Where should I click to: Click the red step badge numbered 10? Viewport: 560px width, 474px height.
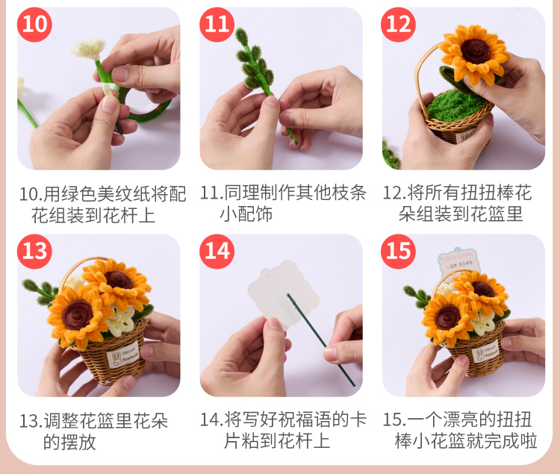tap(34, 25)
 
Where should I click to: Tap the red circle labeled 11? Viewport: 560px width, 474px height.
tap(217, 25)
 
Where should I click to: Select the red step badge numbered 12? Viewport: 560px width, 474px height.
tap(398, 25)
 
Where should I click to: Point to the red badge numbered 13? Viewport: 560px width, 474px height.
tap(34, 252)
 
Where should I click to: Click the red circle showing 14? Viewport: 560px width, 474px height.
tap(217, 252)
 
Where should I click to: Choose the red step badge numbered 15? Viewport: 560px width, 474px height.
tap(398, 252)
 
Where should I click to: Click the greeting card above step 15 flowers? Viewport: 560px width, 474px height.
tap(458, 261)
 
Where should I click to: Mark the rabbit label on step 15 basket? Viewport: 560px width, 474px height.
tap(485, 352)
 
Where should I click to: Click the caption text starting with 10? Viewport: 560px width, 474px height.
tap(102, 205)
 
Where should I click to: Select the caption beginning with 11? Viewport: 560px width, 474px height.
tap(283, 204)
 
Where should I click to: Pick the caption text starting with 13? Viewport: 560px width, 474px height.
tap(93, 431)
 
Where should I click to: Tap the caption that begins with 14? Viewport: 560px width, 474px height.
tap(283, 430)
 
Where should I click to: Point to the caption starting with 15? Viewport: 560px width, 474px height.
tap(460, 430)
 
